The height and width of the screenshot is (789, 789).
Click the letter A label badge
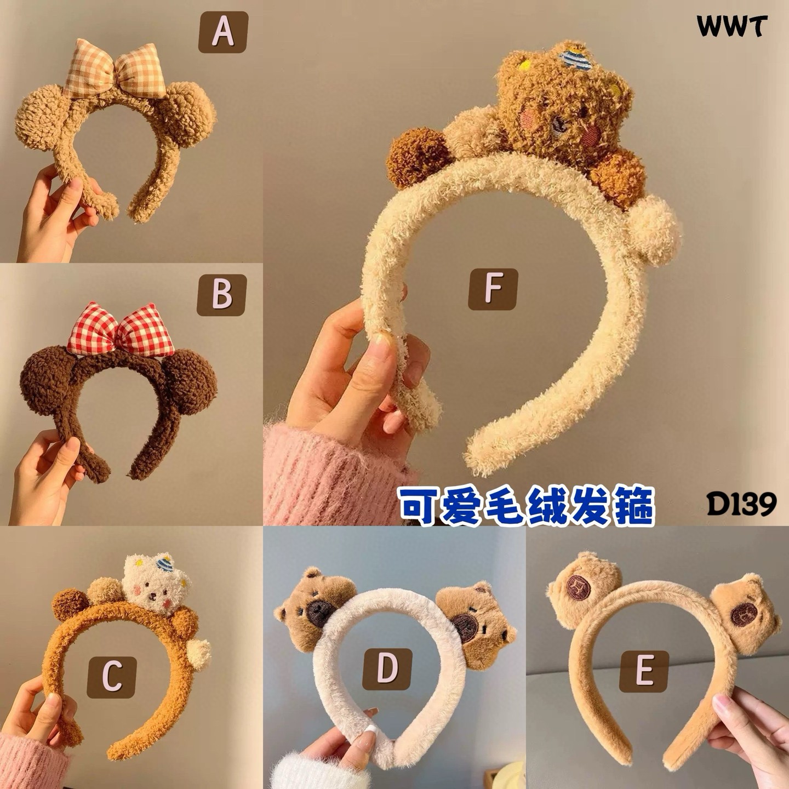[223, 32]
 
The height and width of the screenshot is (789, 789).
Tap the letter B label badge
[222, 295]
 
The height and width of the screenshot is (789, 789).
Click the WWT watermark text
[731, 27]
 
